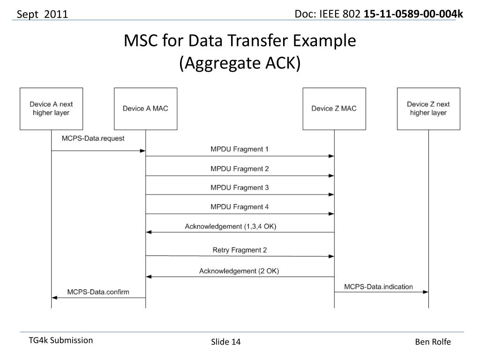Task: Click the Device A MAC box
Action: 145,109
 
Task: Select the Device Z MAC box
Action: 334,109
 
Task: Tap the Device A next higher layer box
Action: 51,109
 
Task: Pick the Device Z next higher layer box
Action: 428,109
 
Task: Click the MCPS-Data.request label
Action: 93,139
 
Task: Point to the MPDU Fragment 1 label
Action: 240,150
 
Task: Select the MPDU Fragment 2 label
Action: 240,169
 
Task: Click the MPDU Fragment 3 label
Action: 240,187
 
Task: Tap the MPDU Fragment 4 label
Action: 240,207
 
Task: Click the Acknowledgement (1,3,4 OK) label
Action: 231,226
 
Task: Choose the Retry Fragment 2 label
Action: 240,250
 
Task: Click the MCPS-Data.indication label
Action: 379,286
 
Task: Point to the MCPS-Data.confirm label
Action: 98,292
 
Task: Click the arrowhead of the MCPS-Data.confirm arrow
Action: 54,298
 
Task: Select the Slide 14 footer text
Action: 225,342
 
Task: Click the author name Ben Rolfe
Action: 433,342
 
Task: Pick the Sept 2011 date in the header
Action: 43,15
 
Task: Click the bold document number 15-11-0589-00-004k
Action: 413,14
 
